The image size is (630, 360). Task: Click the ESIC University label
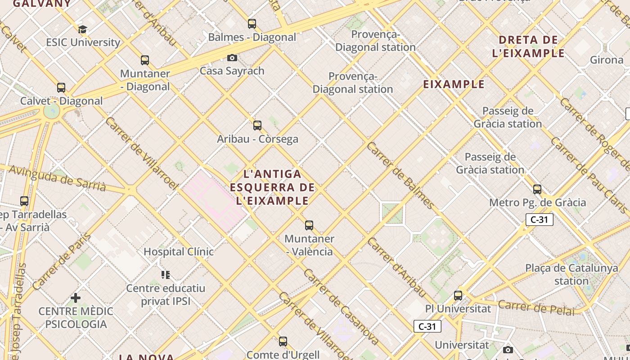(x=83, y=42)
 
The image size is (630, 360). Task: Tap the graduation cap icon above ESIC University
(x=82, y=30)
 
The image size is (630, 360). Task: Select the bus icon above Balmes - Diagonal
(x=252, y=24)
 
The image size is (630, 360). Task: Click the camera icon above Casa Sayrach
(x=232, y=58)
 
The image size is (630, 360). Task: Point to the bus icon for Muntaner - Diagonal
(x=145, y=60)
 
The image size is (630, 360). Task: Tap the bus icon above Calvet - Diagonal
(x=61, y=88)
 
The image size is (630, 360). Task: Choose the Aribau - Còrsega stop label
(x=257, y=139)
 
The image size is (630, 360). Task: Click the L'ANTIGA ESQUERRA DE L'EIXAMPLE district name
(x=272, y=187)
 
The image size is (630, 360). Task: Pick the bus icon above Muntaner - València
(x=309, y=225)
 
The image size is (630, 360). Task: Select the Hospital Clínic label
(x=178, y=252)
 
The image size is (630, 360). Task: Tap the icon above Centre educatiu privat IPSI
(x=166, y=274)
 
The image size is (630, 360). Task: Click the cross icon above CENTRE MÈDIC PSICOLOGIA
(x=76, y=298)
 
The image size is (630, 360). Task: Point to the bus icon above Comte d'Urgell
(x=283, y=342)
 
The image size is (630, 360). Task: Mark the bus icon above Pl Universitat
(x=458, y=296)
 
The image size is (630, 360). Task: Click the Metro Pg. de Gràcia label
(x=537, y=202)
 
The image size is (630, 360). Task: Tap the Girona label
(x=606, y=59)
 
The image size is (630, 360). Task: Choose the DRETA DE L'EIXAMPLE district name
(x=528, y=46)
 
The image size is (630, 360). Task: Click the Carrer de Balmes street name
(x=400, y=176)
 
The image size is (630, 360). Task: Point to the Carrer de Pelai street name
(x=536, y=307)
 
